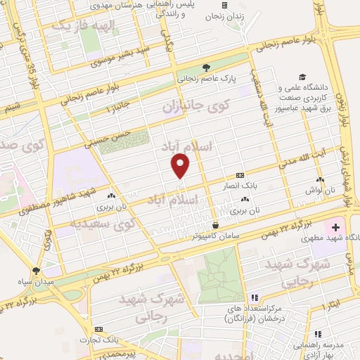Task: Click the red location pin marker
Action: tap(181, 165)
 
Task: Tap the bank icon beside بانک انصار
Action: tap(240, 175)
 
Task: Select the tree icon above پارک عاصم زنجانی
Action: tap(205, 68)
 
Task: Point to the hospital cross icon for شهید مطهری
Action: tap(335, 228)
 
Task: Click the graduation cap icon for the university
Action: tap(302, 77)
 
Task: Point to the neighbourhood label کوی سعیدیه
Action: tap(105, 225)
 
